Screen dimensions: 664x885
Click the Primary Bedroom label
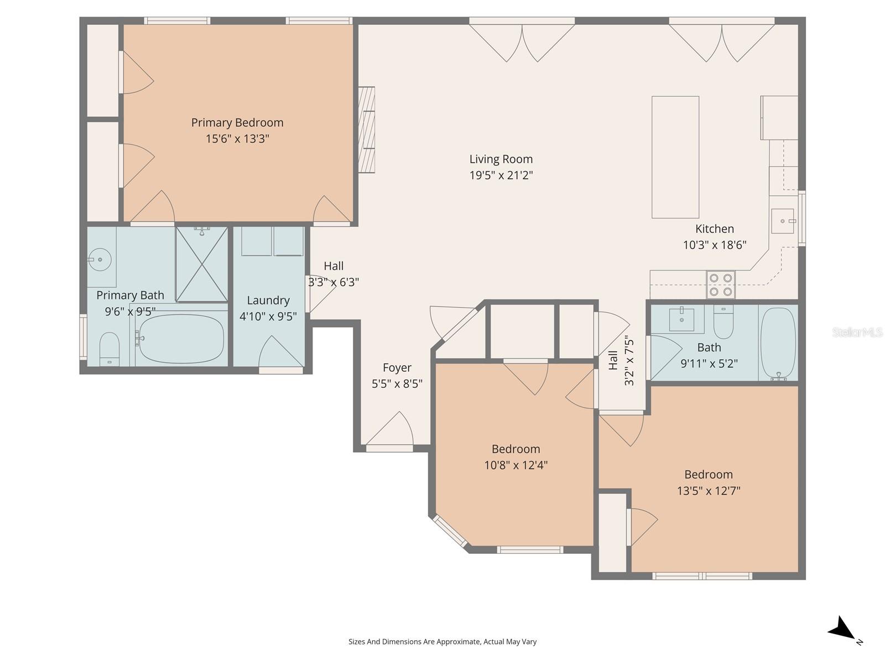click(x=237, y=123)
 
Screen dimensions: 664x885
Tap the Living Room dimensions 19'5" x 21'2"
click(x=501, y=175)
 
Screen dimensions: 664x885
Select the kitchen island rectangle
click(x=675, y=157)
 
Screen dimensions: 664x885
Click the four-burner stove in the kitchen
click(x=721, y=284)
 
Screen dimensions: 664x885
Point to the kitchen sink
click(x=783, y=221)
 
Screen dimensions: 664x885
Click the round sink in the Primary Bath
click(x=100, y=258)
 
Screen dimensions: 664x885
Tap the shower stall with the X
click(x=202, y=264)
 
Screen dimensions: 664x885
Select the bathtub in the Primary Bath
click(x=181, y=338)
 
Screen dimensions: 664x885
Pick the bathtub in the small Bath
click(x=778, y=344)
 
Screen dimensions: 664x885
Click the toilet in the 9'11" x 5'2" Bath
click(x=723, y=323)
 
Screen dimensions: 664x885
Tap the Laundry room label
click(x=268, y=300)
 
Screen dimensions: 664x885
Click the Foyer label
click(x=397, y=368)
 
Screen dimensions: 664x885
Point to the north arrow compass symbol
click(x=844, y=630)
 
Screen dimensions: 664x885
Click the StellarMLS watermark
click(x=857, y=333)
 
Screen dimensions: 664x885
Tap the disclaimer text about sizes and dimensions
click(x=442, y=642)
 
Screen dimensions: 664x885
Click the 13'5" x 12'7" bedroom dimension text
click(x=709, y=491)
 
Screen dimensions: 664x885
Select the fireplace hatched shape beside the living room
click(x=366, y=129)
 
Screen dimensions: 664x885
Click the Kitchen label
click(x=715, y=229)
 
